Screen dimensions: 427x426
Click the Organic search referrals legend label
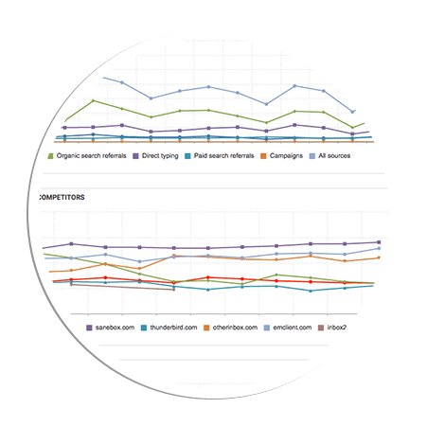[x=91, y=156]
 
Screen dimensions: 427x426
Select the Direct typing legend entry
[x=160, y=156]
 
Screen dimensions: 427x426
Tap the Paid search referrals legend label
[x=223, y=156]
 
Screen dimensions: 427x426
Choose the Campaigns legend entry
[x=286, y=156]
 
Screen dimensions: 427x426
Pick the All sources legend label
[x=334, y=156]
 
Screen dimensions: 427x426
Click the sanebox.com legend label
[x=115, y=328]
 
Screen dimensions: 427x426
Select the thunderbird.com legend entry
[x=173, y=328]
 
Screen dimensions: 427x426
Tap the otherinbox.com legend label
[x=235, y=328]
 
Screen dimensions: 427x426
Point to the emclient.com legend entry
[x=293, y=328]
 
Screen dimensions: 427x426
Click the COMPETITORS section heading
[x=62, y=198]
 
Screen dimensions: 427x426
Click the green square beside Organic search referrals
[x=50, y=156]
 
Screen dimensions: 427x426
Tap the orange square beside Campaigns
[x=263, y=156]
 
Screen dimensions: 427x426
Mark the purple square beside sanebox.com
[x=89, y=328]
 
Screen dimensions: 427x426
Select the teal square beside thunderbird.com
[x=144, y=328]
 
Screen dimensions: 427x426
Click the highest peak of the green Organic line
[x=93, y=100]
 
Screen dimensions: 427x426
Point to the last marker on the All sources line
[x=353, y=112]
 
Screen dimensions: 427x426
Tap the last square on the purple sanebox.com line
[x=379, y=242]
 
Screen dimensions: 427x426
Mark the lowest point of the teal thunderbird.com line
[x=311, y=291]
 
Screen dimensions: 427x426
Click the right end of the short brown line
[x=174, y=290]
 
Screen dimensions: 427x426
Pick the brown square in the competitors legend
[x=321, y=328]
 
